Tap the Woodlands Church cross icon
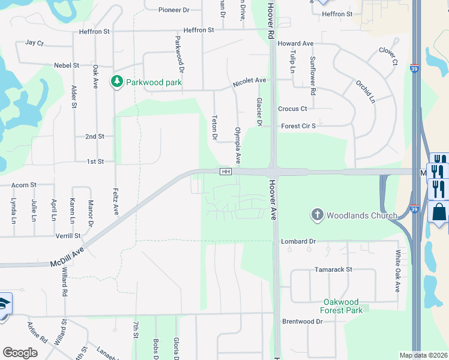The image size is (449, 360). click(317, 215)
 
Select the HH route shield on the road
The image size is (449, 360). click(226, 172)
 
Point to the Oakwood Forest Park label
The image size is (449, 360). click(342, 306)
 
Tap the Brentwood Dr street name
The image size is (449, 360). click(302, 322)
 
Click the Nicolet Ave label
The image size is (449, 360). click(249, 80)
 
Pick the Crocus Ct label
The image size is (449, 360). click(292, 109)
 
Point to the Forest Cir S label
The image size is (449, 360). click(298, 126)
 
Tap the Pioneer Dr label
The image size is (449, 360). click(173, 10)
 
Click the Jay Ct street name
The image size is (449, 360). click(35, 43)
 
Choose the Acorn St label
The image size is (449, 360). click(24, 185)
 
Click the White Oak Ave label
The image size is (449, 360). click(397, 271)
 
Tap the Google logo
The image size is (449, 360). click(20, 353)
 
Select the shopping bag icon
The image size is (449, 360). click(439, 213)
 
